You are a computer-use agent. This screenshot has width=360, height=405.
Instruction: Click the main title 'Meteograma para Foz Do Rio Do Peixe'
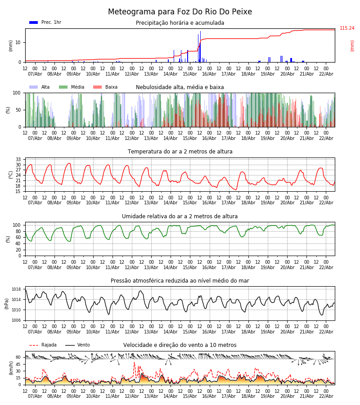[x=180, y=12]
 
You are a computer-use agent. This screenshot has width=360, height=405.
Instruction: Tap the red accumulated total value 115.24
[x=347, y=28]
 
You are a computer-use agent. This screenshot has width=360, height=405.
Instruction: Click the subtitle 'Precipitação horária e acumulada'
[x=180, y=23]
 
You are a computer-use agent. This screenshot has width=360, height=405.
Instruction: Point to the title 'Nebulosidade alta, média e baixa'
[x=180, y=87]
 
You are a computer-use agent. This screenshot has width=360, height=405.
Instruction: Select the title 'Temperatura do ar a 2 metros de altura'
[x=180, y=152]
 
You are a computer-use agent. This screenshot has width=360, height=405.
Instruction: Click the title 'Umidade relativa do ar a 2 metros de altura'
[x=180, y=216]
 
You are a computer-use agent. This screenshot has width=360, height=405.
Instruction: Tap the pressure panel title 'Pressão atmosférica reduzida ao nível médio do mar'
[x=180, y=281]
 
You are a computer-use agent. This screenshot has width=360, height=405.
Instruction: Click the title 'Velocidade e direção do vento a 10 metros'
[x=180, y=345]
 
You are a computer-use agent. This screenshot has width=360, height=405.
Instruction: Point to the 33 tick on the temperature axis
[x=18, y=159]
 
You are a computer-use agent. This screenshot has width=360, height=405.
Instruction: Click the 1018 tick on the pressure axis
[x=17, y=289]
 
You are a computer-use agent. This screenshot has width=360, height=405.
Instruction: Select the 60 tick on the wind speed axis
[x=18, y=357]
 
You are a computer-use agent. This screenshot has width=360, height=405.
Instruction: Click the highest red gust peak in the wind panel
[x=134, y=363]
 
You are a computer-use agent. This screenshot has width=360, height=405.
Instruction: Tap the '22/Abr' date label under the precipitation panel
[x=326, y=74]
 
